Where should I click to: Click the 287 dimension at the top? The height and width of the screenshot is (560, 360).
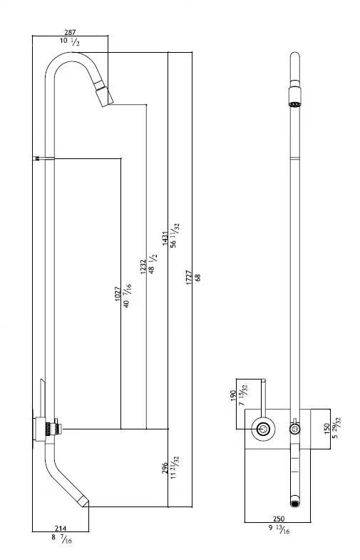point(70,33)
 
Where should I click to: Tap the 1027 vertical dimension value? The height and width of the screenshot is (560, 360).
point(118,294)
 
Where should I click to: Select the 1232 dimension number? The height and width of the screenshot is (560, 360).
point(143,267)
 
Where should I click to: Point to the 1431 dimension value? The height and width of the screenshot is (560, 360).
point(165,238)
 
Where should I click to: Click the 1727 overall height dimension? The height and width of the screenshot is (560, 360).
point(189,278)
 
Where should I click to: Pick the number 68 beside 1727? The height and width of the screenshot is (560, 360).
point(198,278)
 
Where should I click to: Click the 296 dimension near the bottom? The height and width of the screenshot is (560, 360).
point(165,468)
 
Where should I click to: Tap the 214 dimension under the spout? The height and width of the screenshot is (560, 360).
point(61,528)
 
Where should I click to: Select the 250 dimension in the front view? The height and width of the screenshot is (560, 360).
point(279,519)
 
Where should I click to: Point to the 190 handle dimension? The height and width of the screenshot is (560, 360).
point(232,396)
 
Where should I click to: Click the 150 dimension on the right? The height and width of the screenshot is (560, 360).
point(326,428)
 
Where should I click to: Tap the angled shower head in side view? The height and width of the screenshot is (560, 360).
point(104,93)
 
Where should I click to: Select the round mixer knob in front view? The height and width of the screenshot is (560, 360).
point(263,429)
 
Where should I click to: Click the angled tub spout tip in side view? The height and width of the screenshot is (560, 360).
point(85,502)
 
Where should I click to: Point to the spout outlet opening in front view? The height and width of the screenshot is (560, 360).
point(294,504)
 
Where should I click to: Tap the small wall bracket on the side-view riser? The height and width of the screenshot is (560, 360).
point(38,158)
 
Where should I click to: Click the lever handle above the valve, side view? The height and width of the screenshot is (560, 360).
point(43,398)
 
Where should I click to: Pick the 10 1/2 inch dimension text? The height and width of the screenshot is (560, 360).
point(70,41)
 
